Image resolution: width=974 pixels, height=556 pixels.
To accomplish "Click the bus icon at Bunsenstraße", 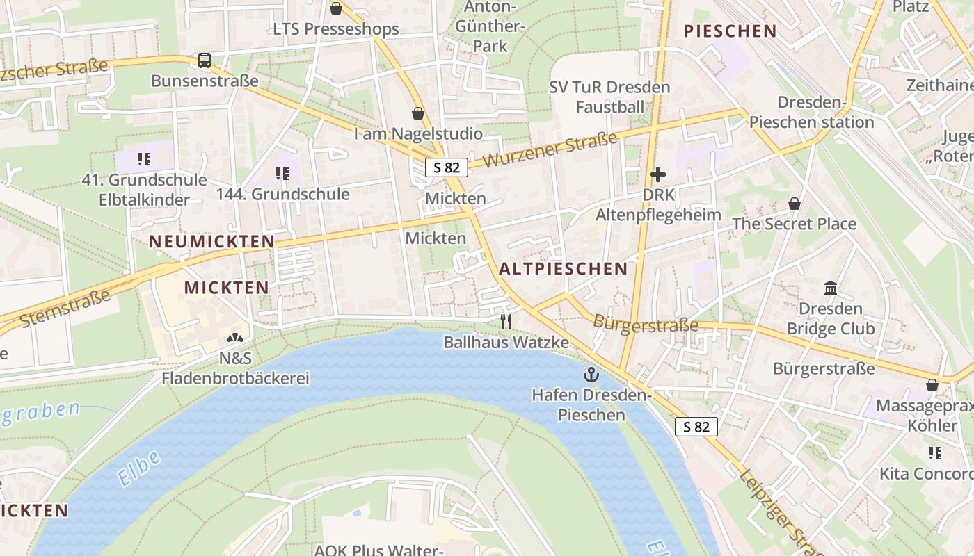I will tap(204, 60).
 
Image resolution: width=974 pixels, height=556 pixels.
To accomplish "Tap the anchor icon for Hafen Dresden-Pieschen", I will tap(591, 375).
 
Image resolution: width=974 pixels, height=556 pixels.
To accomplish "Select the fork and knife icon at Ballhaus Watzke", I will tap(506, 322).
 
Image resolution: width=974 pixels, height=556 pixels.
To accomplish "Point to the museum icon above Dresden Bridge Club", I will tap(830, 288).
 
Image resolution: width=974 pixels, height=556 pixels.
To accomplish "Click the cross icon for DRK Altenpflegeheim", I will tap(658, 174).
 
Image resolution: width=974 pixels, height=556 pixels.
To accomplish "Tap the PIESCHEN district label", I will tap(730, 31).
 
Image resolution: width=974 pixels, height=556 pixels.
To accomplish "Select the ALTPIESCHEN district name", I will tap(563, 269).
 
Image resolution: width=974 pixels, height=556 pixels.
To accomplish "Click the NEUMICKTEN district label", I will tap(212, 241).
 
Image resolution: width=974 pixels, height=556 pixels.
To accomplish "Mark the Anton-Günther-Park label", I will tap(490, 26).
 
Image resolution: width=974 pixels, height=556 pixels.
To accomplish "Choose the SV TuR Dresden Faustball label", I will tap(609, 97).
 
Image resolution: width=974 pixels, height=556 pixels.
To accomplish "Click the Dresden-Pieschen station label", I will tap(811, 113).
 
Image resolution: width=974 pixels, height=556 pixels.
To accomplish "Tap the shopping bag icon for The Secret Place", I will tap(794, 204).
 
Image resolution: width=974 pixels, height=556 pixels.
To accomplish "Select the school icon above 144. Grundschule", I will tap(282, 174).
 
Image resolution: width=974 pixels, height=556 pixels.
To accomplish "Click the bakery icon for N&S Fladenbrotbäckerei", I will tap(235, 338).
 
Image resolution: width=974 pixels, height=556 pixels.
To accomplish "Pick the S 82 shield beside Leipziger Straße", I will tap(696, 427).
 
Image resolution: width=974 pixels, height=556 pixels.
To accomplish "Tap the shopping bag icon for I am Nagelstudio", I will tap(418, 113).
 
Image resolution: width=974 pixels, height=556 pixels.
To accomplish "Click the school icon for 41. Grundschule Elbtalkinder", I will tap(144, 159).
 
